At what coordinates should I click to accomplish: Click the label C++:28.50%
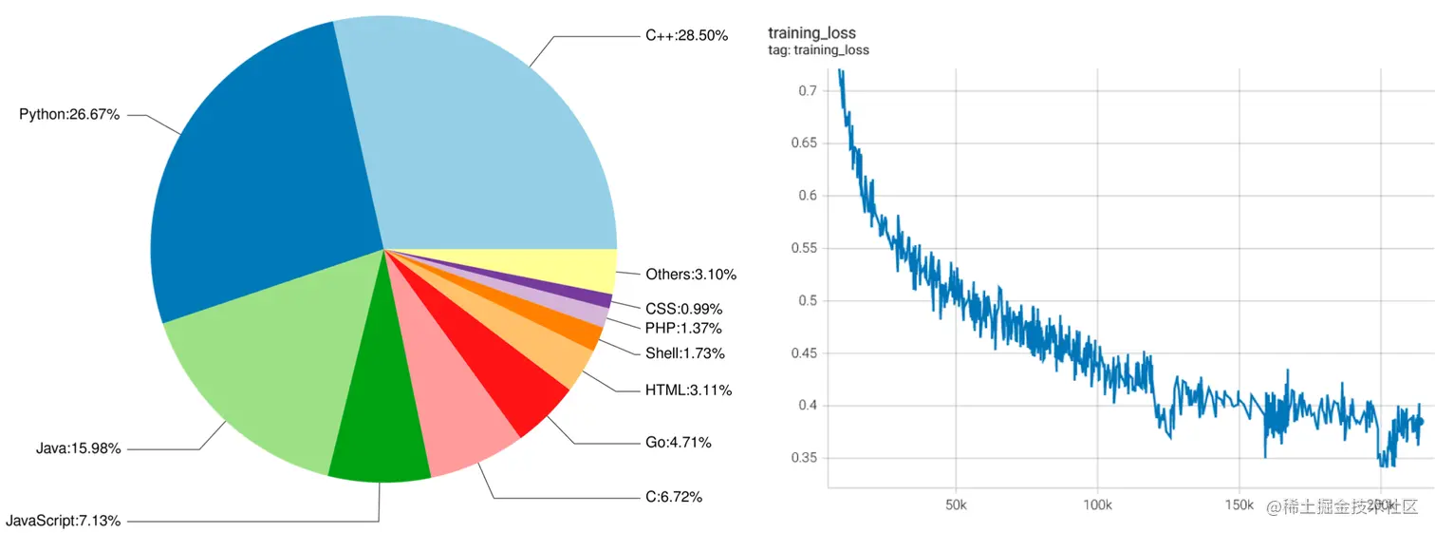click(x=686, y=35)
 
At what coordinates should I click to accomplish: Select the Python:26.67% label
click(x=69, y=115)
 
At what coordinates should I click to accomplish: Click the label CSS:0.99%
click(x=683, y=309)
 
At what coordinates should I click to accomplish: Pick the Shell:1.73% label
click(x=684, y=353)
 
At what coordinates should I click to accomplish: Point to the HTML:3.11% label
click(x=688, y=390)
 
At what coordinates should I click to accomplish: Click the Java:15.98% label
click(x=77, y=448)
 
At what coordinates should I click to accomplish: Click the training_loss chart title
click(x=811, y=34)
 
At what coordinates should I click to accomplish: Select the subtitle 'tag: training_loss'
click(x=818, y=50)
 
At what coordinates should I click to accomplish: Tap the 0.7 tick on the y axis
click(x=807, y=90)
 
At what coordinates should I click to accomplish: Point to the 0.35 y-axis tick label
click(x=803, y=458)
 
